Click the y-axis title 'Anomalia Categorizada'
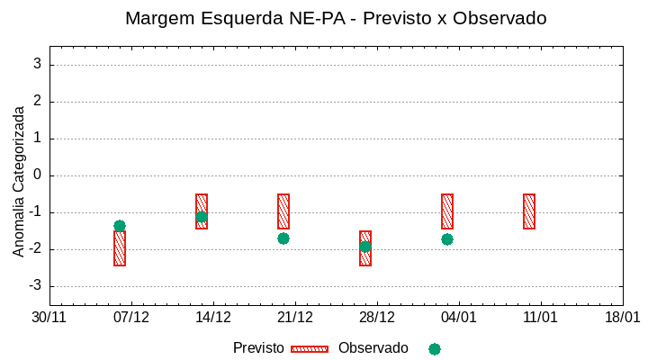[19, 181]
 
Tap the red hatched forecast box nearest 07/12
[120, 248]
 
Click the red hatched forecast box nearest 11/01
[529, 211]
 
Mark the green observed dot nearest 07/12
[120, 226]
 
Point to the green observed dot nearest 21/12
[283, 238]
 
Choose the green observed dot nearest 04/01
[447, 239]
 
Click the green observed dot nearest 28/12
[365, 247]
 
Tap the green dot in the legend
[435, 349]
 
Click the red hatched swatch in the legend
[310, 349]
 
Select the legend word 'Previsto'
[258, 348]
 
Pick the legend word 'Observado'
[373, 348]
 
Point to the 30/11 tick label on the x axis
[49, 318]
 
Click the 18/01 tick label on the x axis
[622, 318]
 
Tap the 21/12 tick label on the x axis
[295, 318]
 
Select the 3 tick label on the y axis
[38, 65]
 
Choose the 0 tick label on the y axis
[38, 175]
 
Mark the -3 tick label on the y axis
[35, 286]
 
